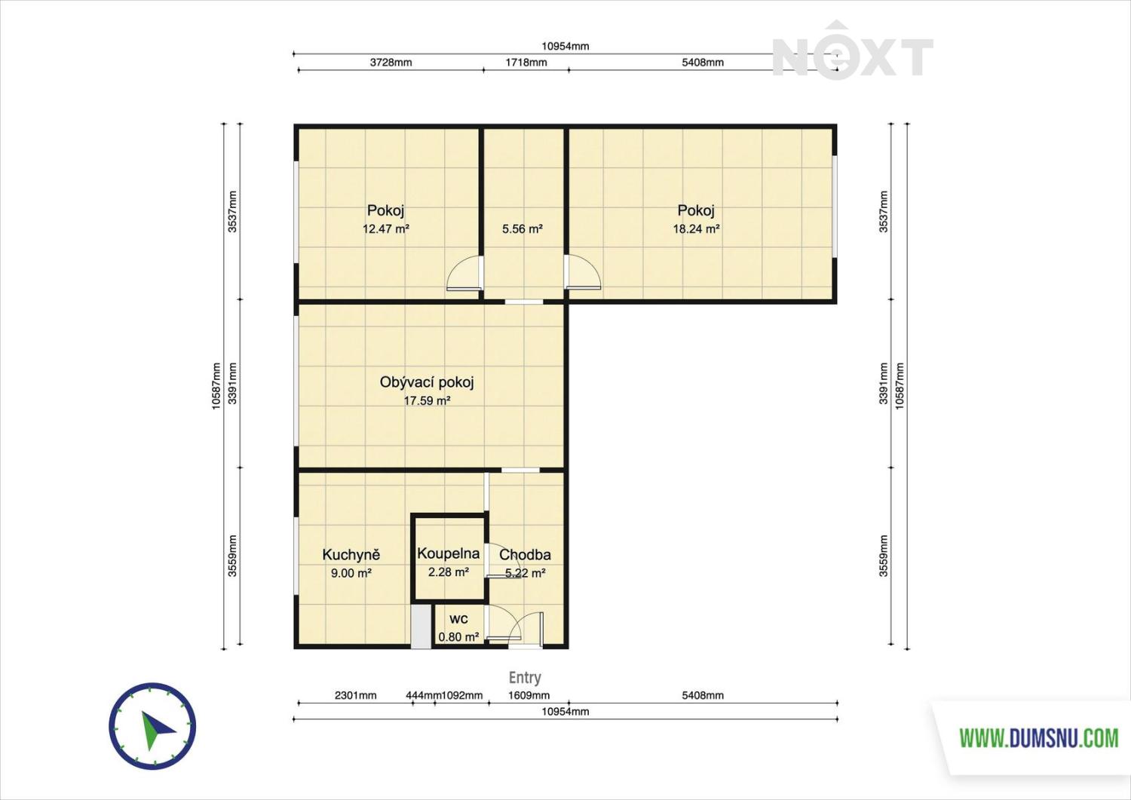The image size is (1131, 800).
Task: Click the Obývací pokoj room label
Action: coord(427,383)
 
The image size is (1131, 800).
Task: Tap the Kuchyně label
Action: coord(351,554)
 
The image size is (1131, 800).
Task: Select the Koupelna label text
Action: coord(449,554)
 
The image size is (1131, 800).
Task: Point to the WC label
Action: coord(458,619)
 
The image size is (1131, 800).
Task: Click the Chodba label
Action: coord(525,554)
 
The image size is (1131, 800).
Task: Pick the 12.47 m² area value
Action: coord(386,228)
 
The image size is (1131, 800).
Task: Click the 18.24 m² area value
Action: coord(696,228)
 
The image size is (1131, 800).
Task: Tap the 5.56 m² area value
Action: coord(522,228)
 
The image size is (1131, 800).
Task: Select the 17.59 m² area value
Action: coord(427,401)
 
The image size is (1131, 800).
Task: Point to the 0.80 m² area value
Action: coord(458,637)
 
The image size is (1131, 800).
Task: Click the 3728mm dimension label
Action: coord(391,62)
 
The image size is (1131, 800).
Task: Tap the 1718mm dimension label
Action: coord(526,62)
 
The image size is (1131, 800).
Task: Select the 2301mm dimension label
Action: coord(355,695)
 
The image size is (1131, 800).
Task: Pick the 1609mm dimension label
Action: coord(529,695)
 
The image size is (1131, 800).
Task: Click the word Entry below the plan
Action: coord(525,677)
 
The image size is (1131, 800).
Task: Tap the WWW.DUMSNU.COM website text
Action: coord(1039,738)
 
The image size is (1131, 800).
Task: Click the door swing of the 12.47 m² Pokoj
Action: coord(464,273)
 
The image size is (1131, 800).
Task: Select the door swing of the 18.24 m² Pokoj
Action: coord(583,272)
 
